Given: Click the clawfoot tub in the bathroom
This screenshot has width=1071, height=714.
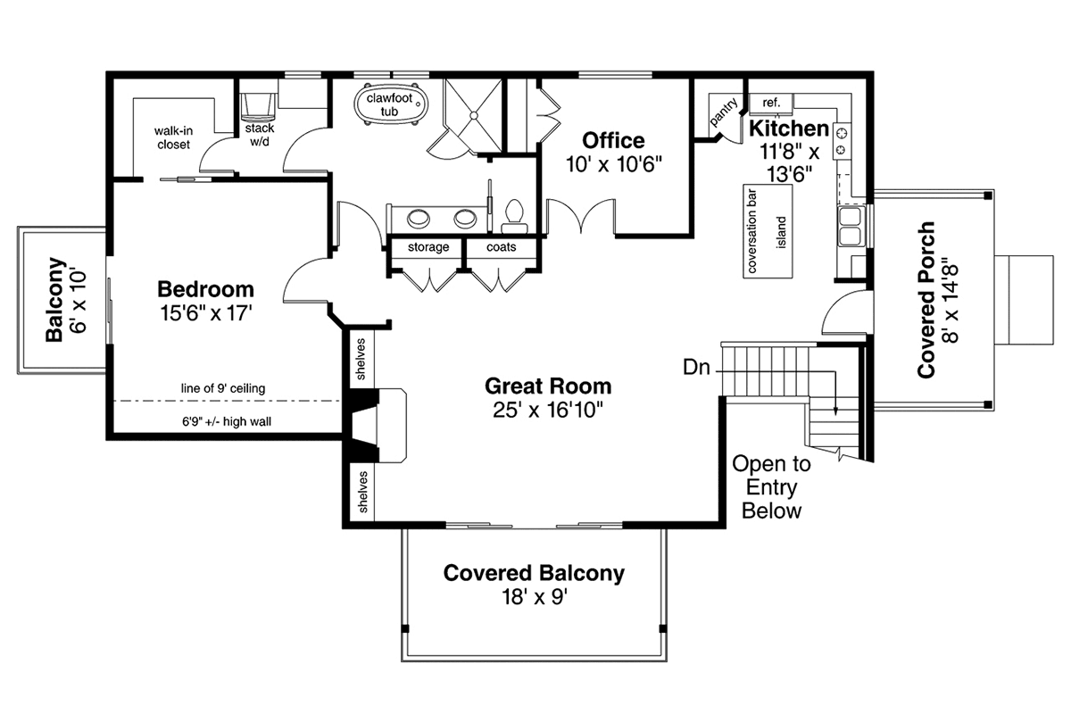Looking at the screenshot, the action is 391,104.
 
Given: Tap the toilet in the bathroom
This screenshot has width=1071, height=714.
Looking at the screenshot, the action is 514,217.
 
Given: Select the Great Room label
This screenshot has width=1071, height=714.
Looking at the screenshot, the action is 548,386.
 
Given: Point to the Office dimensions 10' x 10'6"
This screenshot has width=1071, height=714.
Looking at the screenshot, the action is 614,164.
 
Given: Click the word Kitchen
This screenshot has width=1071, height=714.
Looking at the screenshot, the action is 789,129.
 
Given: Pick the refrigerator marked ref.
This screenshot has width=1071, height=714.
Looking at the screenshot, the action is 771,104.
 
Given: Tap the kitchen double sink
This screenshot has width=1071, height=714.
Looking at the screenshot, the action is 851,226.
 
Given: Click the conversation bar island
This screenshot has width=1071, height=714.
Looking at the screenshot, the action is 768,231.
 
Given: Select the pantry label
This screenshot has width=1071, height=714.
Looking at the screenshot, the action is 724,112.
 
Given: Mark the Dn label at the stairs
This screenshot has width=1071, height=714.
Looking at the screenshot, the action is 697,368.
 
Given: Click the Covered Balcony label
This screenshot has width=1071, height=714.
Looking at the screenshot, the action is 534,573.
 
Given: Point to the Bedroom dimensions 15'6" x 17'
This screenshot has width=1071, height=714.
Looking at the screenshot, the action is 206,313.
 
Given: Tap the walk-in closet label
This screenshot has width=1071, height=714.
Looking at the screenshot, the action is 173,137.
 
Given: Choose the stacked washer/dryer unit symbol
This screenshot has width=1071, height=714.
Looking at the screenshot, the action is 258,107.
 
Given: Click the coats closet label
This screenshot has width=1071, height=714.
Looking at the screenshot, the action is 501,246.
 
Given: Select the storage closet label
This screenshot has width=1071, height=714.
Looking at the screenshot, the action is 428,247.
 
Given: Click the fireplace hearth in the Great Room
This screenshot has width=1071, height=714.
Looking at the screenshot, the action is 393,426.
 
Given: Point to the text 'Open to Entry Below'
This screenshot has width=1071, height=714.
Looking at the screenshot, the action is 771,487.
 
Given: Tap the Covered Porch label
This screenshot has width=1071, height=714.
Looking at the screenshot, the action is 938,300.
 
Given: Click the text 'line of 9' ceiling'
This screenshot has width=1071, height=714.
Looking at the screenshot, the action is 223,388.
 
